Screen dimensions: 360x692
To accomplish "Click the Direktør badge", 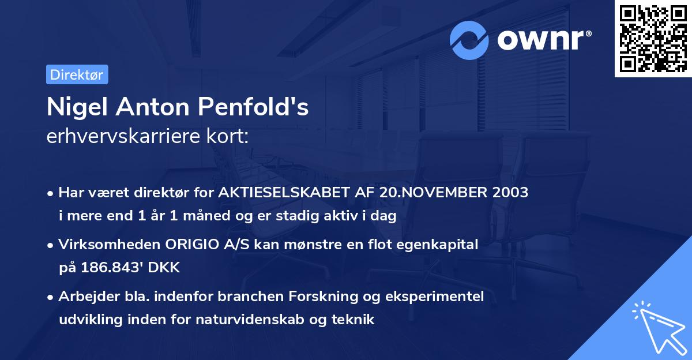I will point(77,74).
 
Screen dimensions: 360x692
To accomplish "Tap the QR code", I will point(653,39).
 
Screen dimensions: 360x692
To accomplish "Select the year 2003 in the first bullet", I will point(510,193).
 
